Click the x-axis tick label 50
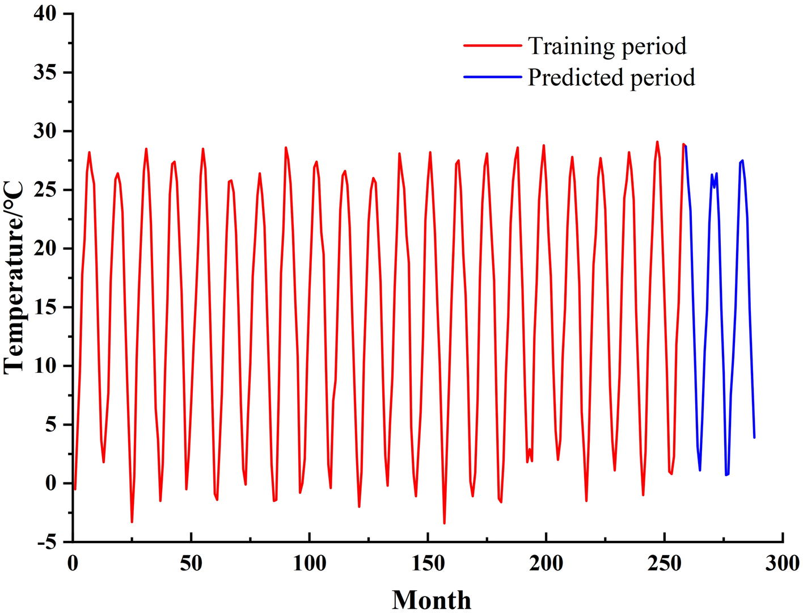(191, 564)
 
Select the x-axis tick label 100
(310, 564)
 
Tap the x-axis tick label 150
(428, 564)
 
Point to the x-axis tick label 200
(546, 564)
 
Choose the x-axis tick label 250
(664, 564)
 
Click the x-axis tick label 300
(783, 564)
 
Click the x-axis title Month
(431, 599)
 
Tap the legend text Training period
(607, 46)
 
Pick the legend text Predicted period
(611, 77)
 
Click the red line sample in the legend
(492, 45)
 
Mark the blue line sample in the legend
(492, 77)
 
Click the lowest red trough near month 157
(444, 523)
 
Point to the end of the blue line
(754, 437)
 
